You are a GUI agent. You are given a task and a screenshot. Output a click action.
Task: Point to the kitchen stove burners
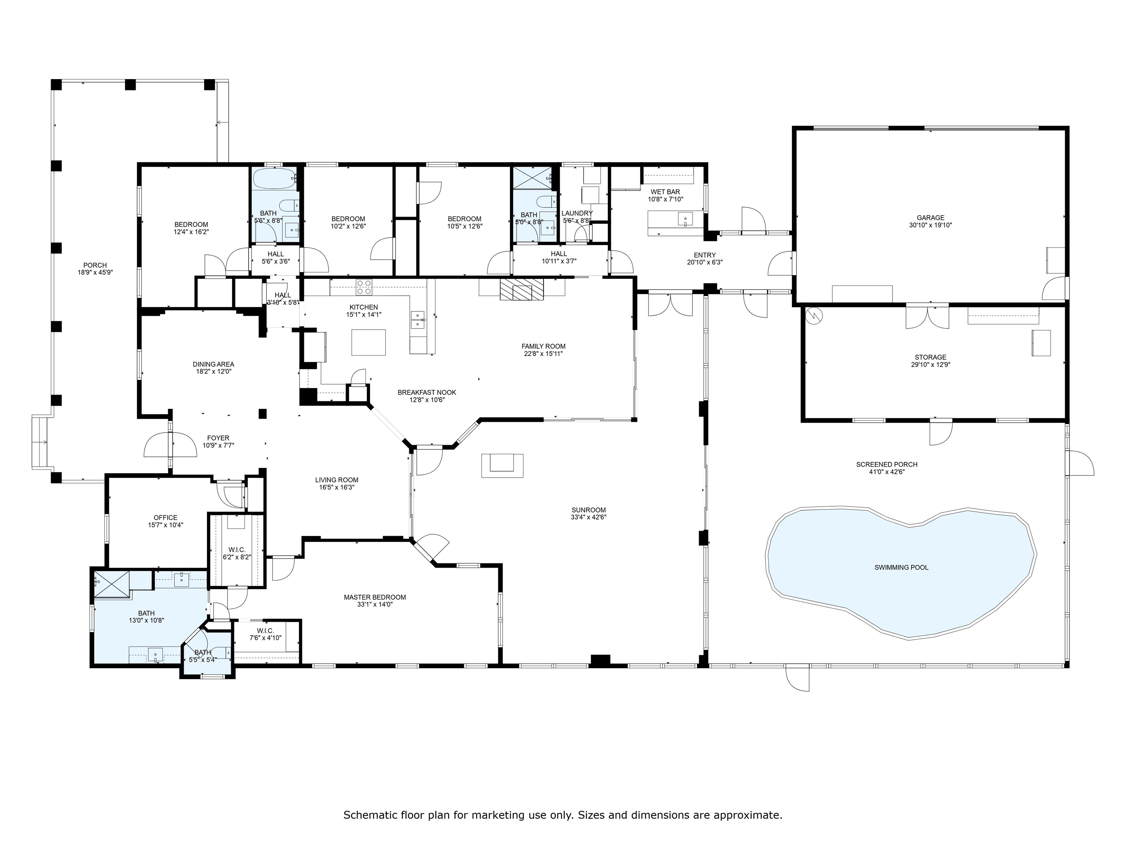[x=364, y=288]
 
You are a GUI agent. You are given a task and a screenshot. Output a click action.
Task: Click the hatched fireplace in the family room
[x=522, y=289]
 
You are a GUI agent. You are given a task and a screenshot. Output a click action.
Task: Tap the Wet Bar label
[x=665, y=192]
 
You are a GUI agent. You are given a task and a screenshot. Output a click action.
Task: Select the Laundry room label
[x=577, y=213]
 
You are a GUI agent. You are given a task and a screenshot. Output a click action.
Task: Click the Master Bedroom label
[x=375, y=597]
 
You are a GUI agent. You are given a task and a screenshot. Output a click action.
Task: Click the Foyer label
[x=218, y=438]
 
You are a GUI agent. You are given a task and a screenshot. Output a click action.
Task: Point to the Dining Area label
[x=213, y=364]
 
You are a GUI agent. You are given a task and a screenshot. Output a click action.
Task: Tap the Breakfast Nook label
[x=427, y=392]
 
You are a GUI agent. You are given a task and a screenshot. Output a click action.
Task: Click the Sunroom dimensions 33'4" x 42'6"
[x=588, y=517]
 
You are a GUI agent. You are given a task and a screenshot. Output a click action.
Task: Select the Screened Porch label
[x=886, y=464]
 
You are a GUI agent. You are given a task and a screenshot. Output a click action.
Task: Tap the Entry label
[x=704, y=255]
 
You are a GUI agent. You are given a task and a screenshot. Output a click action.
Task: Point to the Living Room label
[x=336, y=480]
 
